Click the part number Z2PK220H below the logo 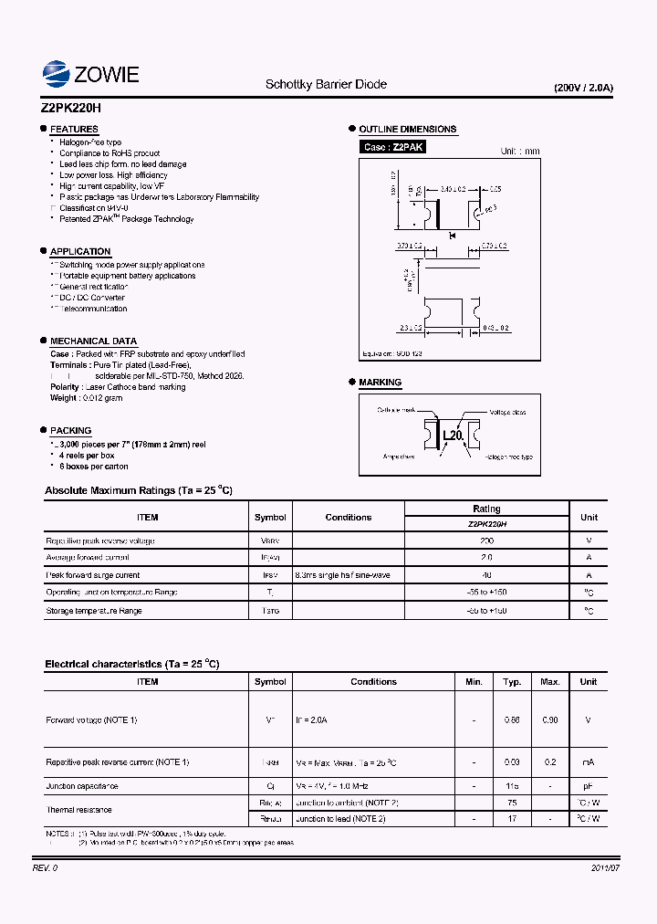(72, 107)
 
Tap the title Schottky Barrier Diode (326, 84)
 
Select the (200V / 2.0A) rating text (584, 89)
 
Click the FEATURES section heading (74, 130)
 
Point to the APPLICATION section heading (80, 252)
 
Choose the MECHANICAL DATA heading (93, 341)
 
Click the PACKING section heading (70, 431)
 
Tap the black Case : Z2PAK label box (393, 147)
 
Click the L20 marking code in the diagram (454, 436)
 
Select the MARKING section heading (380, 383)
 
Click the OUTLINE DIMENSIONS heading (407, 130)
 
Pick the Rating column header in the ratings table (486, 509)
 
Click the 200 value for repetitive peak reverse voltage (486, 541)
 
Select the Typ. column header (512, 681)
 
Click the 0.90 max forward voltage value (550, 720)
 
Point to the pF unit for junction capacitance (589, 785)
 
